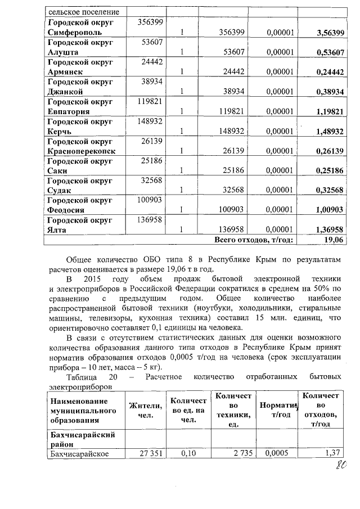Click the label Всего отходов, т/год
(x=254, y=240)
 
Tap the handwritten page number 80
(x=341, y=464)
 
